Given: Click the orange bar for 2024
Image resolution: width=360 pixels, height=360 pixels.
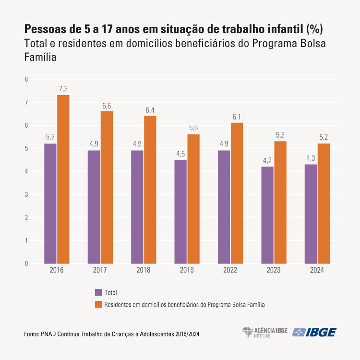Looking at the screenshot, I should pos(324,204).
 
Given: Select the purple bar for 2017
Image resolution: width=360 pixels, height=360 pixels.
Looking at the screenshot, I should pos(94,207).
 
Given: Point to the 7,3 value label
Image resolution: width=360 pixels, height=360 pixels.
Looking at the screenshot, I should pos(63,88).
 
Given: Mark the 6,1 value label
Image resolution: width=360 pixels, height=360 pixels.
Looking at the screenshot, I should pos(237,117).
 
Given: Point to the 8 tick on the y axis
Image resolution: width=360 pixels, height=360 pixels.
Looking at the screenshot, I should pos(27,79).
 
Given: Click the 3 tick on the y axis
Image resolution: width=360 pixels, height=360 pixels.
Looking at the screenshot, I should pos(27,194).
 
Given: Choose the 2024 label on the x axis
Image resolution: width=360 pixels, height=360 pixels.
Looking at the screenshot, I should pos(317,270).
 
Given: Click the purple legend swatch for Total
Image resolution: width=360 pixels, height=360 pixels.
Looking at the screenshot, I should pos(98,292).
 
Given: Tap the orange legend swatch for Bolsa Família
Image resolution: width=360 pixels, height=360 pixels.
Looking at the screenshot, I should pos(98,304).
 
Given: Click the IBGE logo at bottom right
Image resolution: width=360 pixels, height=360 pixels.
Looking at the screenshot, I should pos(315,332).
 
